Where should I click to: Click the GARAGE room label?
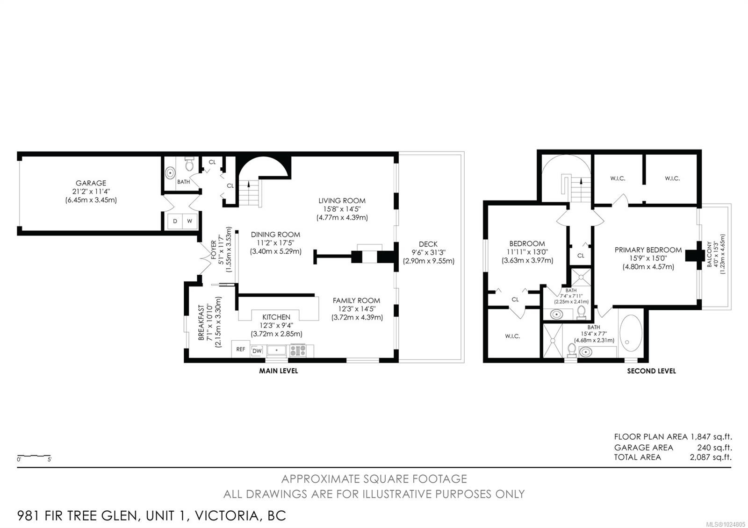(91, 183)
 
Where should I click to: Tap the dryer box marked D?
(175, 221)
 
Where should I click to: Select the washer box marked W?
(190, 221)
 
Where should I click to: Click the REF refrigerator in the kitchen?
(241, 349)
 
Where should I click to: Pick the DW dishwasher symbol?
(257, 351)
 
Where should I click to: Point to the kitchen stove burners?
(298, 350)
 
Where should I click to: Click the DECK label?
(428, 244)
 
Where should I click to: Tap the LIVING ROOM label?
(342, 201)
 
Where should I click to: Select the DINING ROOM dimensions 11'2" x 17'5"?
(275, 243)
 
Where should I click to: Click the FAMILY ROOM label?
(356, 300)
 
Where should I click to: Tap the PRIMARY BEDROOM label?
(648, 250)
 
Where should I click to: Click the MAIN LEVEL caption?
(279, 371)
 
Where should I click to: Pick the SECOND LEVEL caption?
(651, 371)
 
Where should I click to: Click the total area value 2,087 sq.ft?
(711, 457)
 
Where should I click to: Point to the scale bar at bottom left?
(34, 455)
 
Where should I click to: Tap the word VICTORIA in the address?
(226, 516)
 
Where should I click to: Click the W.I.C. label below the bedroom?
(512, 336)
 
